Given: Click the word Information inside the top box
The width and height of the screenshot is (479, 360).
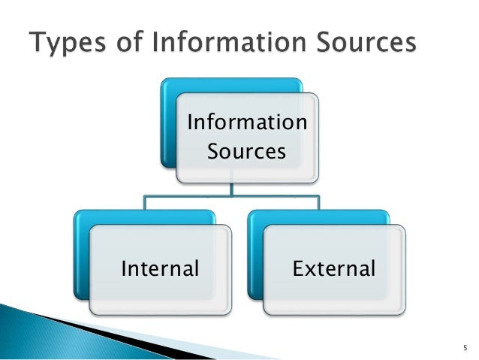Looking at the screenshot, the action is [246, 121].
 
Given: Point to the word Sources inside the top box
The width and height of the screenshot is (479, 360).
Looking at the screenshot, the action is [246, 151].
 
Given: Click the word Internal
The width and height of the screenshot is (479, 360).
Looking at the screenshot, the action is [160, 268].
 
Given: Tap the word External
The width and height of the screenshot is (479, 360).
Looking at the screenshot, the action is [334, 268].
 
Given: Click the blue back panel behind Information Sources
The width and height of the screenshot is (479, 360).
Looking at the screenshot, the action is [168, 120].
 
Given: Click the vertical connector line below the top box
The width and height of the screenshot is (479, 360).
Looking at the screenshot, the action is [232, 189].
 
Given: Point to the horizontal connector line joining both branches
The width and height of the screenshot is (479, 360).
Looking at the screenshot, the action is [188, 197].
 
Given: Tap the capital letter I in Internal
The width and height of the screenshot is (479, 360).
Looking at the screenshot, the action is [124, 268].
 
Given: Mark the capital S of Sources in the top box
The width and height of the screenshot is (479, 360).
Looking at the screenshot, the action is [212, 151].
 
